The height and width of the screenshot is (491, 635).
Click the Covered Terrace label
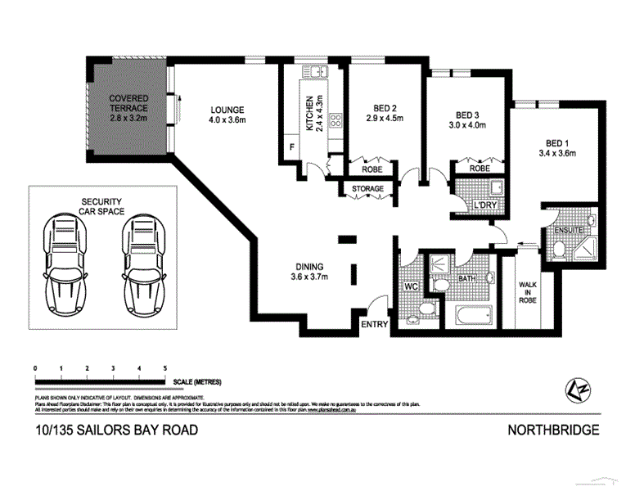(x=129, y=108)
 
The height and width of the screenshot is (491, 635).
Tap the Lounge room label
(x=227, y=115)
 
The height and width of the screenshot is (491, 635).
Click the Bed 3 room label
(x=467, y=120)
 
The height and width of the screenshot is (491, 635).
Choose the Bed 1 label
(x=557, y=146)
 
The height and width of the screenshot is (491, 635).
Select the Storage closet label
(x=367, y=189)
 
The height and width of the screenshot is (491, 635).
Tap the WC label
(x=412, y=287)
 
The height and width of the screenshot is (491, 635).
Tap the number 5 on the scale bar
(x=165, y=369)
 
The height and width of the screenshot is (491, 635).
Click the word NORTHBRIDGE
(x=554, y=430)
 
